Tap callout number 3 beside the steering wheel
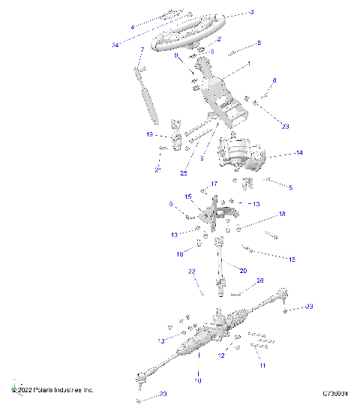[x=252, y=12]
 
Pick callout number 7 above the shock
[x=142, y=50]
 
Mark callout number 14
[x=277, y=153]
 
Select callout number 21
[x=157, y=169]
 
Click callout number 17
[x=214, y=184]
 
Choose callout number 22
[x=191, y=271]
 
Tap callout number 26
[x=260, y=282]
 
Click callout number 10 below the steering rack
[x=198, y=381]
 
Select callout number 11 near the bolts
[x=262, y=365]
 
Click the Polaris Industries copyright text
[x=52, y=391]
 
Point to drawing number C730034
[x=336, y=392]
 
